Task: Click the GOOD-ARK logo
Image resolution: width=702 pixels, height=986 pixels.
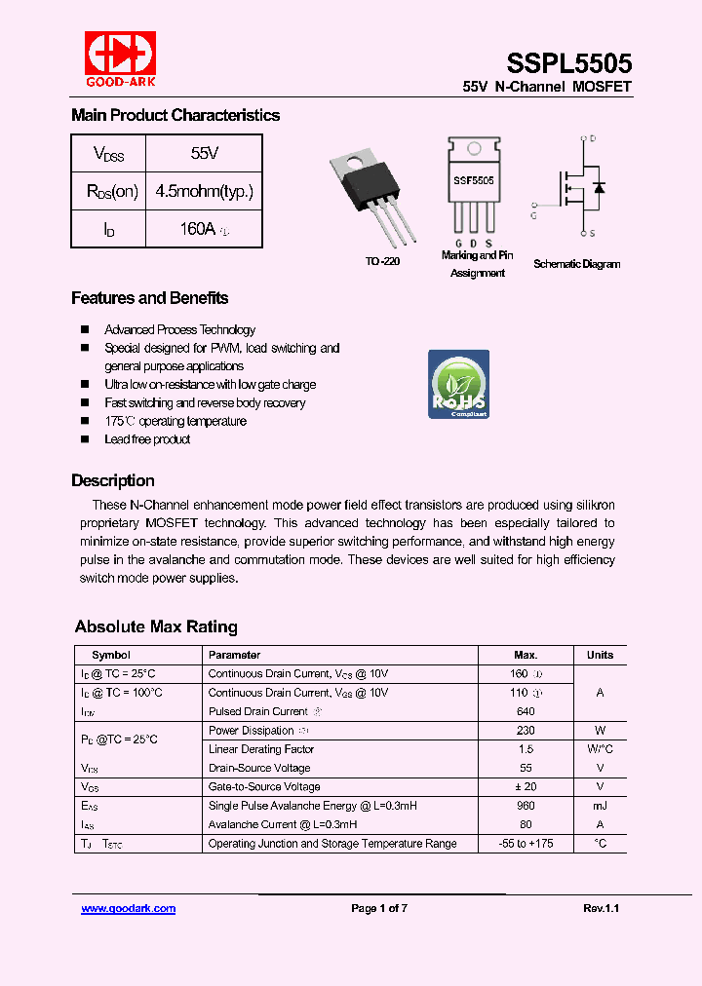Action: click(x=119, y=57)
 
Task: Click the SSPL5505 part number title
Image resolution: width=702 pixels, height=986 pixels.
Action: click(x=568, y=63)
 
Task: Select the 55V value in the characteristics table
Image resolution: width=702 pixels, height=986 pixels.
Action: click(x=205, y=153)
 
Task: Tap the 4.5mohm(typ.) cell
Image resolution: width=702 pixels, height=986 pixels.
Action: click(x=204, y=191)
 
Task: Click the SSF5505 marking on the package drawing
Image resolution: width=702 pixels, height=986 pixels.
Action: click(x=473, y=180)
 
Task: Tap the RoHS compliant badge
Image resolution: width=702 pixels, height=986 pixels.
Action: click(x=459, y=384)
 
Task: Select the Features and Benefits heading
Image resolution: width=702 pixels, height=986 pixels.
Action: click(x=149, y=298)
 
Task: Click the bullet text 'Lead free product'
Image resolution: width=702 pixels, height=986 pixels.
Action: click(x=147, y=439)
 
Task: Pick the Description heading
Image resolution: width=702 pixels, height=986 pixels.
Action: click(x=112, y=480)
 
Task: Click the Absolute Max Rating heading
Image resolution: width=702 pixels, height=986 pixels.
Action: click(x=156, y=626)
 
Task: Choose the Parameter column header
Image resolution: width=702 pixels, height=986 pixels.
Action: click(x=234, y=655)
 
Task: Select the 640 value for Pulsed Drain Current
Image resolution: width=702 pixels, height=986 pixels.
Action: click(x=526, y=711)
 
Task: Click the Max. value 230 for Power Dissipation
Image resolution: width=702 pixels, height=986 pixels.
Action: click(x=526, y=730)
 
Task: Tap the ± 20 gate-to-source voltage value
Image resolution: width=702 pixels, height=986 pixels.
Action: click(x=526, y=786)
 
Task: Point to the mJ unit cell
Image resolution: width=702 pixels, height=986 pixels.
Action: click(x=600, y=806)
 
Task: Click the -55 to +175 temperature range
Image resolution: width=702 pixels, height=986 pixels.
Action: click(x=526, y=843)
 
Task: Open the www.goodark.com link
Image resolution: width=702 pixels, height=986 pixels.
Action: click(x=128, y=908)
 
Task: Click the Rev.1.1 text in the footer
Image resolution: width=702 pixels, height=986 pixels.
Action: click(x=601, y=908)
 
